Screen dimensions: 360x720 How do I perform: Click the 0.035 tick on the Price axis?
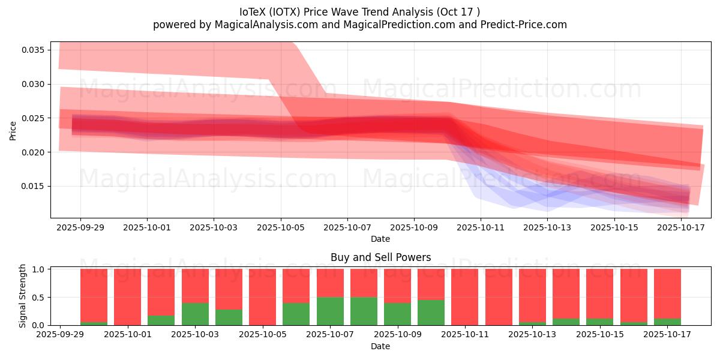(x=33, y=50)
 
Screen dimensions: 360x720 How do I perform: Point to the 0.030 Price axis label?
(x=33, y=84)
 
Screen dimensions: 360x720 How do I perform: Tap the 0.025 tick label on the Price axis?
(x=33, y=118)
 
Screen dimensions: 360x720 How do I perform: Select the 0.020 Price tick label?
(x=33, y=152)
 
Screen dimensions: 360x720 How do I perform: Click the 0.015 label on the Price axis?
(x=33, y=187)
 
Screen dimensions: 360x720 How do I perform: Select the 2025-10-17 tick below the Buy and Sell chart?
(x=667, y=335)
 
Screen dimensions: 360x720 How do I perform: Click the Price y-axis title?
(x=13, y=130)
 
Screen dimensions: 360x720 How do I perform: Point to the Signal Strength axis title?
(x=22, y=296)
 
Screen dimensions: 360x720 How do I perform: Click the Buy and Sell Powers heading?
(x=380, y=257)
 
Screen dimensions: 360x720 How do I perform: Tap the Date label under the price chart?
(x=380, y=239)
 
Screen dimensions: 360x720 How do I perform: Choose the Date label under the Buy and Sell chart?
(x=380, y=346)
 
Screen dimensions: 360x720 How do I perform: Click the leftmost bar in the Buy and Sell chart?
(x=94, y=297)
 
